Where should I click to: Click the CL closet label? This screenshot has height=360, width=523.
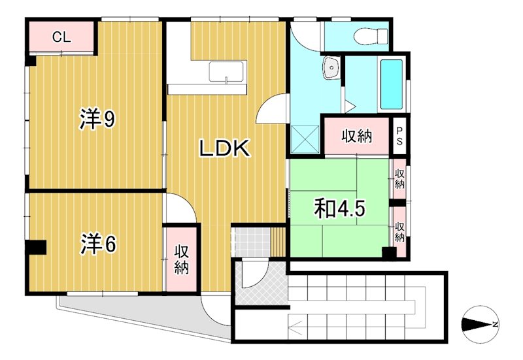coord(61,37)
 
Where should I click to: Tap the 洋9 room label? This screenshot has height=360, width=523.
coord(98,119)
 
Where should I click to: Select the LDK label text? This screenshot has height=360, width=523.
coord(224,149)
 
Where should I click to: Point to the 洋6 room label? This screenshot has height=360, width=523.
coord(99,244)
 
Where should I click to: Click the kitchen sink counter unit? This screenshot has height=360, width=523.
coord(227,71)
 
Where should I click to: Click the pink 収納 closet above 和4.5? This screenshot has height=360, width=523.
coord(356,136)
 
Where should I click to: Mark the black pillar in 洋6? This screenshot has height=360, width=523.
coord(36,248)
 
